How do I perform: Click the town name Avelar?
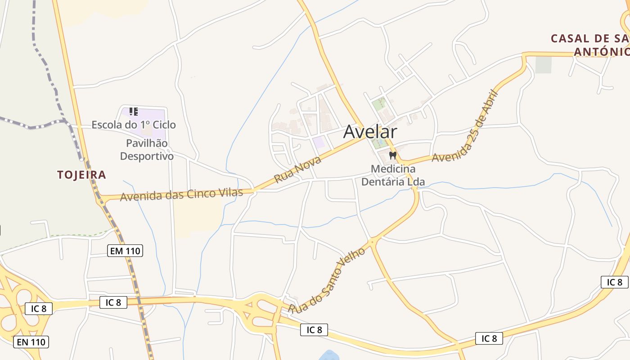(x=370, y=132)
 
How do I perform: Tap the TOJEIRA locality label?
(x=81, y=175)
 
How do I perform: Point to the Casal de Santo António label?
(x=589, y=45)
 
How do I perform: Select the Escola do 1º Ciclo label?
(x=134, y=125)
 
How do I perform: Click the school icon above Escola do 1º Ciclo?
(x=133, y=111)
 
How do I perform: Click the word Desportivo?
(x=147, y=157)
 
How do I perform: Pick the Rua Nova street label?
(x=298, y=170)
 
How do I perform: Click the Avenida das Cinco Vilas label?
(x=181, y=194)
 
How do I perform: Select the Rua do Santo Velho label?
(x=327, y=280)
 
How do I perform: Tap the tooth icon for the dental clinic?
(x=393, y=155)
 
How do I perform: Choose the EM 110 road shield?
(x=125, y=251)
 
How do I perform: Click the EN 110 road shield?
(x=31, y=342)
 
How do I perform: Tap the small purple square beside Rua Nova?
(x=319, y=143)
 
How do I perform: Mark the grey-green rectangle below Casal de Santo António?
(x=543, y=65)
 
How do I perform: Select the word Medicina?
(x=393, y=169)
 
